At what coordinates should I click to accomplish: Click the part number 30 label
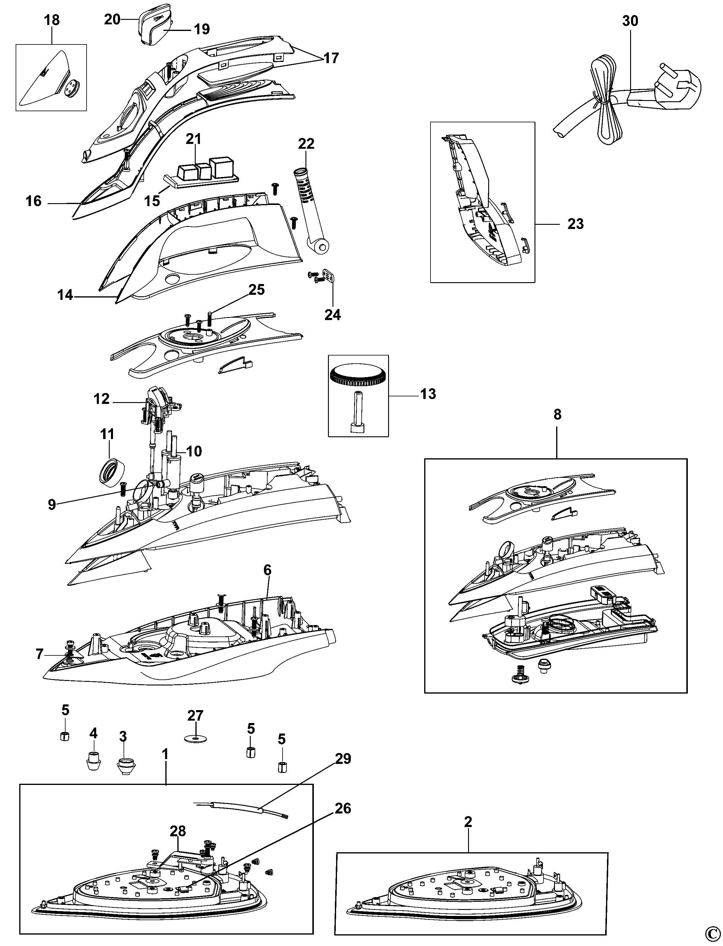pyautogui.click(x=630, y=21)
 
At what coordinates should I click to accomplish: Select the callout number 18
pyautogui.click(x=52, y=20)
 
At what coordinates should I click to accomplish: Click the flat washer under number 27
pyautogui.click(x=195, y=739)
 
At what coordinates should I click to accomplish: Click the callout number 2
pyautogui.click(x=468, y=822)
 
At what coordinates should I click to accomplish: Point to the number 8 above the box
pyautogui.click(x=557, y=415)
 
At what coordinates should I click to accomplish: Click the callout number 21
pyautogui.click(x=194, y=139)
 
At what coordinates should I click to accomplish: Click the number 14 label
pyautogui.click(x=65, y=295)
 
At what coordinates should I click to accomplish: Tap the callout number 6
pyautogui.click(x=267, y=570)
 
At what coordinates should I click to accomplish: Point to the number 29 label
pyautogui.click(x=343, y=759)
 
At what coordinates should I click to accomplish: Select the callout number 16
pyautogui.click(x=34, y=201)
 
